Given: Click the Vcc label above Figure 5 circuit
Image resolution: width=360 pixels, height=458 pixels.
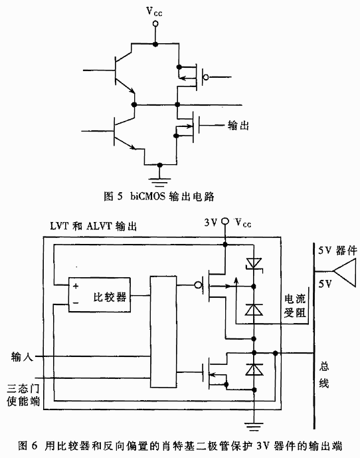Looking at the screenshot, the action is tap(154, 11).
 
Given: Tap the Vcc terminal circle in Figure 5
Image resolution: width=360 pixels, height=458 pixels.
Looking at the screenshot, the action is tap(155, 24).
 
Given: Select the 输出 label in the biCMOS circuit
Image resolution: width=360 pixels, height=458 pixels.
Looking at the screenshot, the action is tap(238, 126).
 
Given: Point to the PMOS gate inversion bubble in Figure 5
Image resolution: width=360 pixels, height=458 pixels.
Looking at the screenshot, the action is tap(206, 77).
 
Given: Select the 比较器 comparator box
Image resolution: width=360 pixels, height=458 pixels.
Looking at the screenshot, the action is tap(99, 294).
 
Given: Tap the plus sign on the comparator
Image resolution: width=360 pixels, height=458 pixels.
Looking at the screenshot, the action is tap(76, 286).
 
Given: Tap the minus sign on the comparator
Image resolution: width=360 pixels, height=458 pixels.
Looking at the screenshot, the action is tap(76, 303).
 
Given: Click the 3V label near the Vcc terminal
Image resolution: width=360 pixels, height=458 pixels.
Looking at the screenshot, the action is tap(211, 223).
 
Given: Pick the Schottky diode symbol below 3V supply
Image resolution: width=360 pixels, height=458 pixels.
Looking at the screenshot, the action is tap(254, 265).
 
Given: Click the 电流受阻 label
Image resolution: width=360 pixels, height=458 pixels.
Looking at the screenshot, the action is tap(295, 306).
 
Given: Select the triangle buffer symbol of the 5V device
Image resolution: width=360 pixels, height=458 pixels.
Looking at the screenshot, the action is tap(345, 273).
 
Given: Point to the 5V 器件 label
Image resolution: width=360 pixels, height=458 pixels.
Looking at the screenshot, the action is tap(337, 251).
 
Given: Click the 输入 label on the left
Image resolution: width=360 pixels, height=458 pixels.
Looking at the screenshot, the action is tap(22, 357).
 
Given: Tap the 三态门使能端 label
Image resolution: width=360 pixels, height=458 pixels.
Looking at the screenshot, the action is tap(23, 395).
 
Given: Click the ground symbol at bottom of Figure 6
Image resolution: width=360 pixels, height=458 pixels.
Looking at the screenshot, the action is tap(254, 426).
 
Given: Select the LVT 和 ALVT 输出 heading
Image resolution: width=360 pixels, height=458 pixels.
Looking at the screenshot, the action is tap(93, 227).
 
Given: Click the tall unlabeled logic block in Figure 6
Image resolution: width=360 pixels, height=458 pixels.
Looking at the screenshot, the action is tap(163, 332).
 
